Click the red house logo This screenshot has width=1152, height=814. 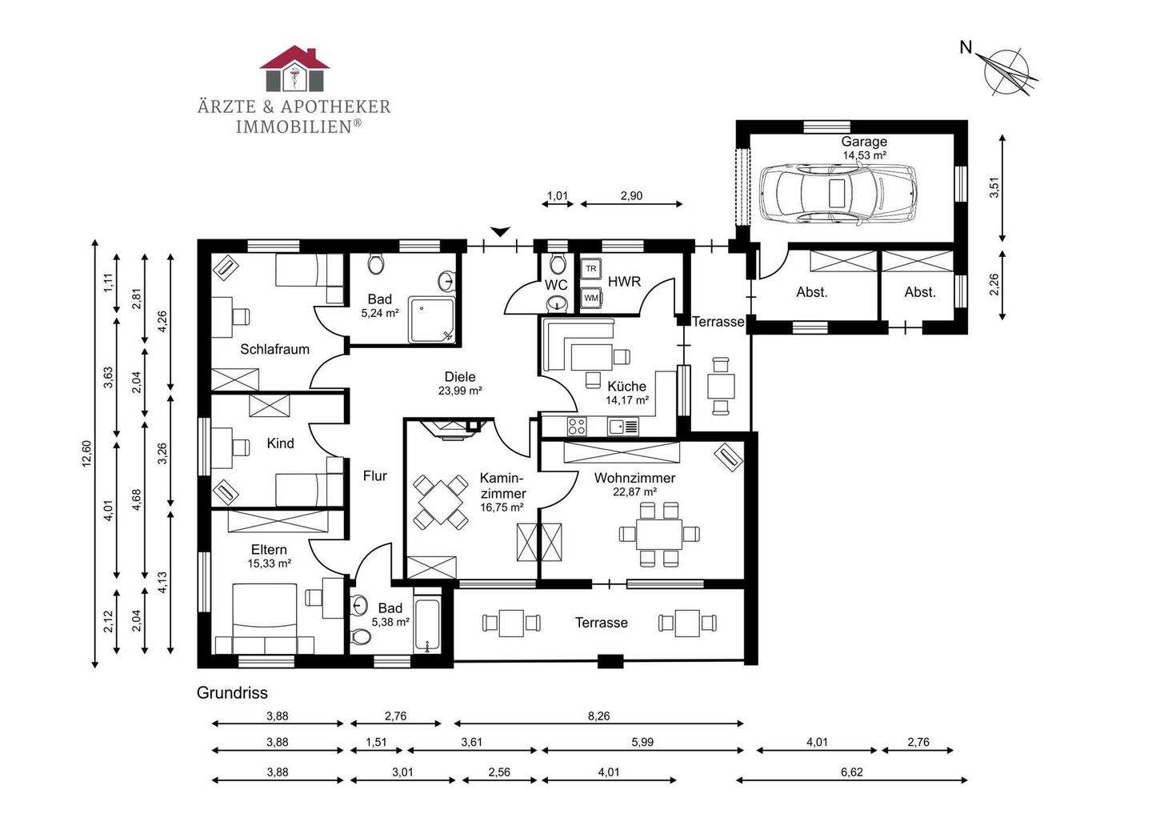(x=294, y=68)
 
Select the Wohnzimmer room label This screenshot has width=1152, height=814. (x=634, y=478)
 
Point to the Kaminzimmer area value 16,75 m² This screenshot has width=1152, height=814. (x=502, y=507)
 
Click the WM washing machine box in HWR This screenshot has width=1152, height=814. (x=591, y=298)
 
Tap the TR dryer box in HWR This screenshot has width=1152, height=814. (x=591, y=269)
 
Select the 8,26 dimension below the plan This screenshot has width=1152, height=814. (x=598, y=716)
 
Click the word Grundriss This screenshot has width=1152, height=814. (x=232, y=692)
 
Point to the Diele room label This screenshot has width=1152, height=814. (x=460, y=377)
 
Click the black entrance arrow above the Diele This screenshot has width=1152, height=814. (x=499, y=231)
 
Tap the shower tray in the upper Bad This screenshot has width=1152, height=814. (x=431, y=319)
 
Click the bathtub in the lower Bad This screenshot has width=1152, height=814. (x=427, y=625)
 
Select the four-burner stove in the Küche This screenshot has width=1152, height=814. (x=577, y=427)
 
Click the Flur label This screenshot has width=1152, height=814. (x=374, y=476)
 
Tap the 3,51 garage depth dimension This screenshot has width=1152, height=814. (x=995, y=188)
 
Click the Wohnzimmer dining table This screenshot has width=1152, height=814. (x=659, y=534)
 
